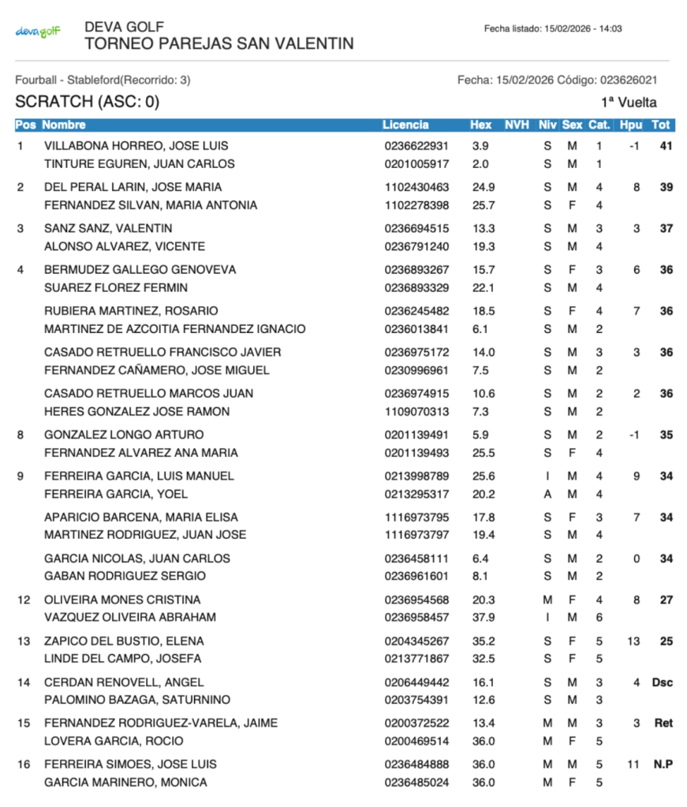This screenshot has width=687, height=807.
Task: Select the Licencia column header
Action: pyautogui.click(x=405, y=125)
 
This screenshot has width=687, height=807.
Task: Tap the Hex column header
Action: pyautogui.click(x=480, y=125)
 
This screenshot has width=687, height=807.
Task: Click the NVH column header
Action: pyautogui.click(x=517, y=125)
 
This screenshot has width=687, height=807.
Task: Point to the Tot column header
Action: pyautogui.click(x=660, y=125)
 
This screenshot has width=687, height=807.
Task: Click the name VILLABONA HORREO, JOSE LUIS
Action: pyautogui.click(x=136, y=146)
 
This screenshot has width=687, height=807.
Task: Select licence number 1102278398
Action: pyautogui.click(x=416, y=205)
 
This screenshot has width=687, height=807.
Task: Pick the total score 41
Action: pyautogui.click(x=666, y=146)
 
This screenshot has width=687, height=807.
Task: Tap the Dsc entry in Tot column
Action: pyautogui.click(x=662, y=682)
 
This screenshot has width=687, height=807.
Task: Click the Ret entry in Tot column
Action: pyautogui.click(x=663, y=723)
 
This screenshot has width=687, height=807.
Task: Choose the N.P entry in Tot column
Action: pyautogui.click(x=662, y=764)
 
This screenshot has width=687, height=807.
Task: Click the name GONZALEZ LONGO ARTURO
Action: pyautogui.click(x=124, y=435)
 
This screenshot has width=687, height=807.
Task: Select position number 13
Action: pyautogui.click(x=24, y=641)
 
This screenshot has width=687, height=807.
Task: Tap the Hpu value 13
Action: pyautogui.click(x=633, y=641)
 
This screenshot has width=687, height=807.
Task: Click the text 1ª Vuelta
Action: pyautogui.click(x=628, y=102)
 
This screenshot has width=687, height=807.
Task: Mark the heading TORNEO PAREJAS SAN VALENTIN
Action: pyautogui.click(x=218, y=44)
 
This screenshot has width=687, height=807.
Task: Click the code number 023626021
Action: pyautogui.click(x=629, y=80)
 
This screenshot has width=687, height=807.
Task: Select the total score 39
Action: pyautogui.click(x=666, y=187)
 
